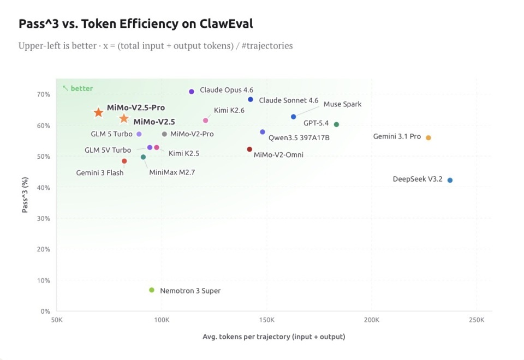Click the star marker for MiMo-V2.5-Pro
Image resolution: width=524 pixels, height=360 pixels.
(98, 112)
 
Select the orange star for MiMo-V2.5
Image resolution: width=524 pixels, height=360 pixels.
(124, 119)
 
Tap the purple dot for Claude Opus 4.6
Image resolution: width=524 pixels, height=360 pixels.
(192, 92)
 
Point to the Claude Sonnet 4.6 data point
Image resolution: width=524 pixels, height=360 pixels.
(251, 99)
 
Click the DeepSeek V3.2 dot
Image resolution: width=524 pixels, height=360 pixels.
(450, 180)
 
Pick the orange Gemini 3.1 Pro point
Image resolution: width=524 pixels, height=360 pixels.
(428, 137)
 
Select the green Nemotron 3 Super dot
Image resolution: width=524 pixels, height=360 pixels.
(152, 290)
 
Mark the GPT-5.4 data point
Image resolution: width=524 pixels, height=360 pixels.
(336, 124)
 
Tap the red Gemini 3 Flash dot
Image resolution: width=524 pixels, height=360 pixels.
(124, 161)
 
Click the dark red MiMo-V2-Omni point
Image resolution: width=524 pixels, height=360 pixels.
(249, 149)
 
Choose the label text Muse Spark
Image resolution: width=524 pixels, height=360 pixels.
(342, 104)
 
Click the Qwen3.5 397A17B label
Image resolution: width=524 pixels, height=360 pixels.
(299, 137)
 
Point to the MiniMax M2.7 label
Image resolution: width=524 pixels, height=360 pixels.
(172, 172)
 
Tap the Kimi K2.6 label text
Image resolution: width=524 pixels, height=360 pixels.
(229, 110)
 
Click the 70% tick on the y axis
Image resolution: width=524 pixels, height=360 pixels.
(43, 94)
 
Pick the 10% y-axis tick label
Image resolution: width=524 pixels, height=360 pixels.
(43, 281)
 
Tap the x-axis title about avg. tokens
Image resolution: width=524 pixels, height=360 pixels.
(273, 337)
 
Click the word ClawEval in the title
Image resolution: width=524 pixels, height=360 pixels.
(222, 24)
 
